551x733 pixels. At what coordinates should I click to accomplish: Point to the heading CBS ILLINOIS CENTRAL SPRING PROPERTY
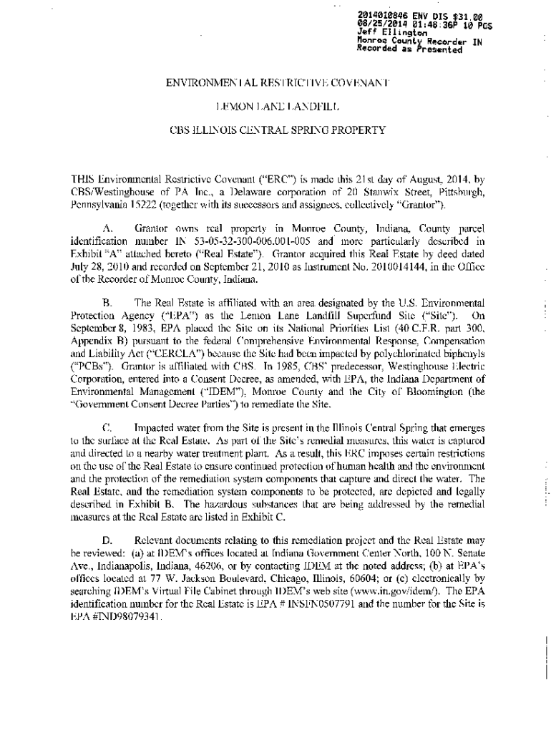click(277, 130)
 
